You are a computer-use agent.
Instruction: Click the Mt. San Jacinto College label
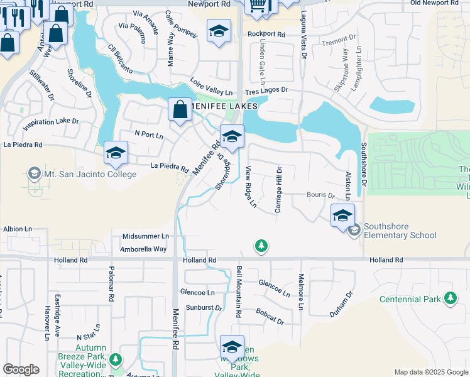click(89, 173)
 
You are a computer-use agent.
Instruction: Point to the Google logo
click(21, 369)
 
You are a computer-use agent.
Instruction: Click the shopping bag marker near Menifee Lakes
click(180, 111)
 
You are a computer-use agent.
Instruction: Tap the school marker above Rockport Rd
click(219, 31)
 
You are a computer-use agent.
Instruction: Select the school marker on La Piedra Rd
click(116, 153)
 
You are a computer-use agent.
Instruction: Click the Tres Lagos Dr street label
click(266, 90)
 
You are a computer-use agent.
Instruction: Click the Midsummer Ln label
click(146, 236)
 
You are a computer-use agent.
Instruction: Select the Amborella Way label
click(144, 249)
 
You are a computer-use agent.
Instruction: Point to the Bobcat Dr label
click(269, 317)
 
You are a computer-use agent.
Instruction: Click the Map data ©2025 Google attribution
click(430, 372)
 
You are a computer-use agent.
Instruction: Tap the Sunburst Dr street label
click(201, 308)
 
